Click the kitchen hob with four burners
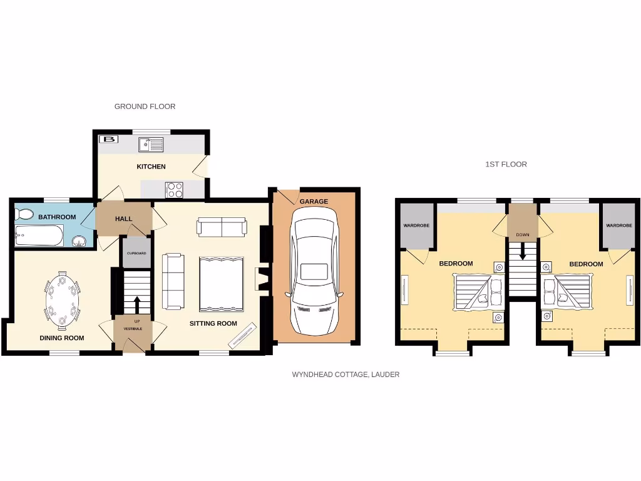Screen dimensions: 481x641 click(x=174, y=189)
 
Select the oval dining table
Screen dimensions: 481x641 click(x=62, y=301)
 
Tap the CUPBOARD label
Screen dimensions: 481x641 click(x=136, y=253)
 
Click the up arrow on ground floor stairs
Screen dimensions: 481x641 click(x=136, y=305)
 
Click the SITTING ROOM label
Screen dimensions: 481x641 click(x=213, y=323)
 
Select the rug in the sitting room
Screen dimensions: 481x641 click(x=220, y=284)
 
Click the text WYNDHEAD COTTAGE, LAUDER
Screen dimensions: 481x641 click(x=346, y=375)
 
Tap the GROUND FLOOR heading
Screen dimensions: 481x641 click(x=145, y=106)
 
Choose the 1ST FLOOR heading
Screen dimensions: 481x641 click(x=506, y=164)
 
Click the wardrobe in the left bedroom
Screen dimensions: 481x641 click(x=416, y=225)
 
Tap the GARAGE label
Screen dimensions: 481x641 click(x=314, y=202)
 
